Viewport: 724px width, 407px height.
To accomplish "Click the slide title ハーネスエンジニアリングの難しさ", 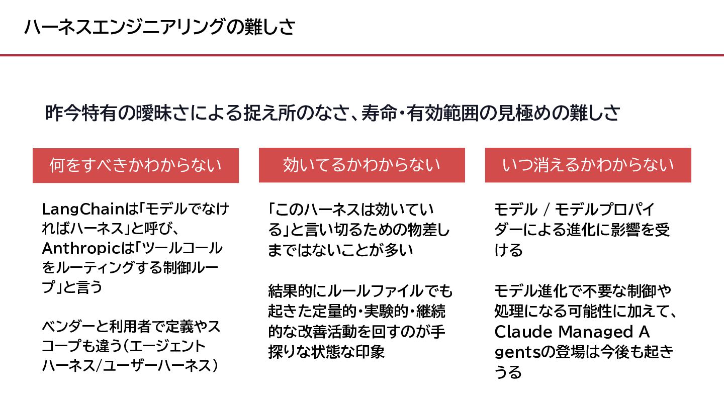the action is (x=159, y=27).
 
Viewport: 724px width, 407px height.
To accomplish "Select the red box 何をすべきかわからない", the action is (x=135, y=165).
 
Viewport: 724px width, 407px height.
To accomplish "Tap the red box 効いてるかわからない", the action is (x=361, y=165).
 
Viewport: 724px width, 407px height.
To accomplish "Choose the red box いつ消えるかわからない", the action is (x=588, y=165).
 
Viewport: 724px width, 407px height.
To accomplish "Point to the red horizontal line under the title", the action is (x=362, y=55).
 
